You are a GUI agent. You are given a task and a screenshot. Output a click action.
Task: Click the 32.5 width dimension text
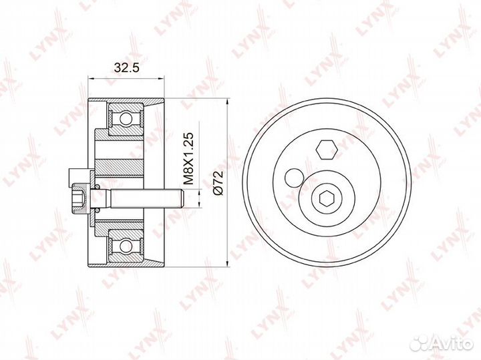point(126,67)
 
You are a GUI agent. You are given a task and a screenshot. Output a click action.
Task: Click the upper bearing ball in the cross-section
point(126,118)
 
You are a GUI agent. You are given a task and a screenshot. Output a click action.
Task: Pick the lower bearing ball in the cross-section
point(126,245)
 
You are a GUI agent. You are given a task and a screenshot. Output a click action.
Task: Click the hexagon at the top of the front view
point(327,150)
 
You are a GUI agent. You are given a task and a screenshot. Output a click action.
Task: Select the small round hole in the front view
point(294,178)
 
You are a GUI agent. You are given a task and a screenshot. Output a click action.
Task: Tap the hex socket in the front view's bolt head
point(327,199)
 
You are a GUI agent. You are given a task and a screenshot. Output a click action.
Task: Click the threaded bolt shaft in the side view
point(146,199)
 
